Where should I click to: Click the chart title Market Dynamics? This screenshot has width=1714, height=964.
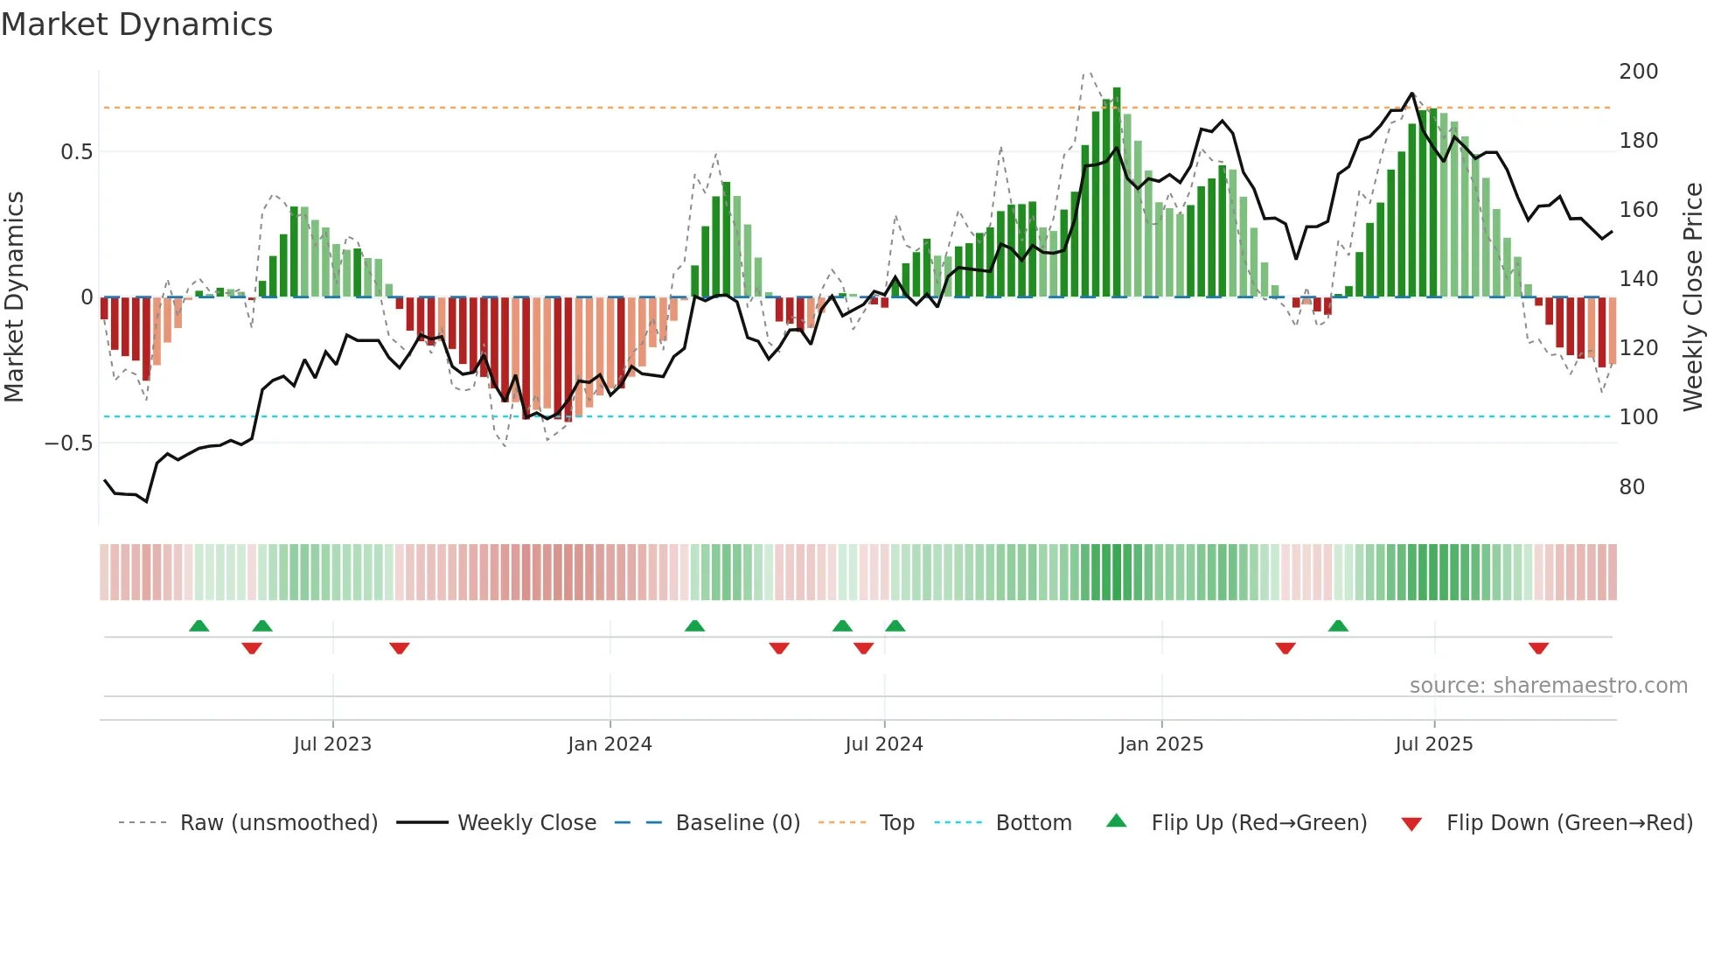136,24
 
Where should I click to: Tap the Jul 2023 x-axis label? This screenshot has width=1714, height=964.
332,744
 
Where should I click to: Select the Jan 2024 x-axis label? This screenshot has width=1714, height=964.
610,744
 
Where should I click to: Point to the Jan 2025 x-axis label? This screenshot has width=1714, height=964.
1161,744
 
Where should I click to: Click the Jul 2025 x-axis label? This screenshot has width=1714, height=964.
1434,744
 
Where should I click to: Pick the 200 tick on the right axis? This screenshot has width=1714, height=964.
1638,72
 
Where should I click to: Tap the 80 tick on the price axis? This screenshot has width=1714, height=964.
1632,487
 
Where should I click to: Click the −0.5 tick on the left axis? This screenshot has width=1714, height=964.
68,444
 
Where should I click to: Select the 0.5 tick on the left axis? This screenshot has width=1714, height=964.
76,152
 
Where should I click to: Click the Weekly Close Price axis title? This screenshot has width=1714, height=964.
1693,297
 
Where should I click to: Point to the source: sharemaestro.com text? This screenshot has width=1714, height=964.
1548,686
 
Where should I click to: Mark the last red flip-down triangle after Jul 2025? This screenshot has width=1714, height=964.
1538,648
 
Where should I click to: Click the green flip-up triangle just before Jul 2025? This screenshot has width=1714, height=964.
1338,625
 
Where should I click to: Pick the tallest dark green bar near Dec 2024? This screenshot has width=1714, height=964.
1117,192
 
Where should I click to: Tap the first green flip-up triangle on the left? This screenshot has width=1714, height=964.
199,625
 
